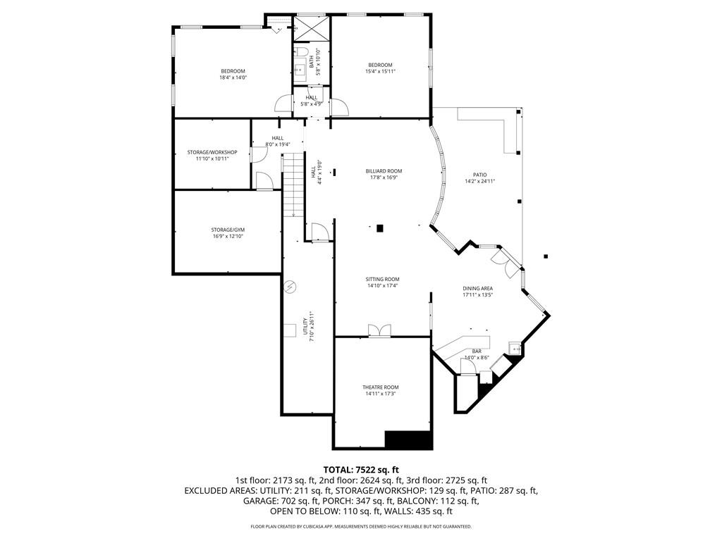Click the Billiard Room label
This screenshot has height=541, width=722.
pos(384,171)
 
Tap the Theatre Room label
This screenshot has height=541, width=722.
pos(381,387)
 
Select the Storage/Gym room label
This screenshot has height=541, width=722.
pos(228,230)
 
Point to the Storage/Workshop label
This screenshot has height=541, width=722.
pos(212,152)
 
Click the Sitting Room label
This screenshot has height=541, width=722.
pos(382,279)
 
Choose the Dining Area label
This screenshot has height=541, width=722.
pos(477,288)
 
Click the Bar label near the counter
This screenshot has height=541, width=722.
pos(477,351)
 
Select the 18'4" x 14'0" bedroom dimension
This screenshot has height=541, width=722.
pos(233,77)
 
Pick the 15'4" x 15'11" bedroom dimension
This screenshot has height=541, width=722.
pos(380,71)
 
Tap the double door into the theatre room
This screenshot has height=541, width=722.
pos(379,331)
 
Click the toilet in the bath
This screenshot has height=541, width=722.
pos(300,54)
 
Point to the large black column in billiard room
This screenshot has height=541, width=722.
pos(380,228)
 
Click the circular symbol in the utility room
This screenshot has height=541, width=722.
pos(289,287)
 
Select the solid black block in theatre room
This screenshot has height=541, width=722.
pos(408,440)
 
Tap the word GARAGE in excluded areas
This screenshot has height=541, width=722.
pos(259,502)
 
